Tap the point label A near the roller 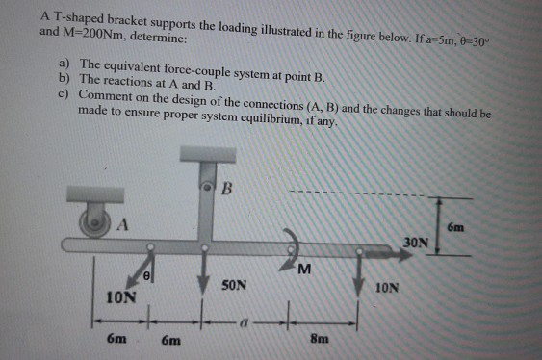pos(122,227)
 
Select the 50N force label pos(235,286)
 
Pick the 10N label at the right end pos(385,287)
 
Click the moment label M pos(304,267)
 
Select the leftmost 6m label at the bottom pos(114,339)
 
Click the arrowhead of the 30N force pos(399,255)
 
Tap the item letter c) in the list pos(64,96)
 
